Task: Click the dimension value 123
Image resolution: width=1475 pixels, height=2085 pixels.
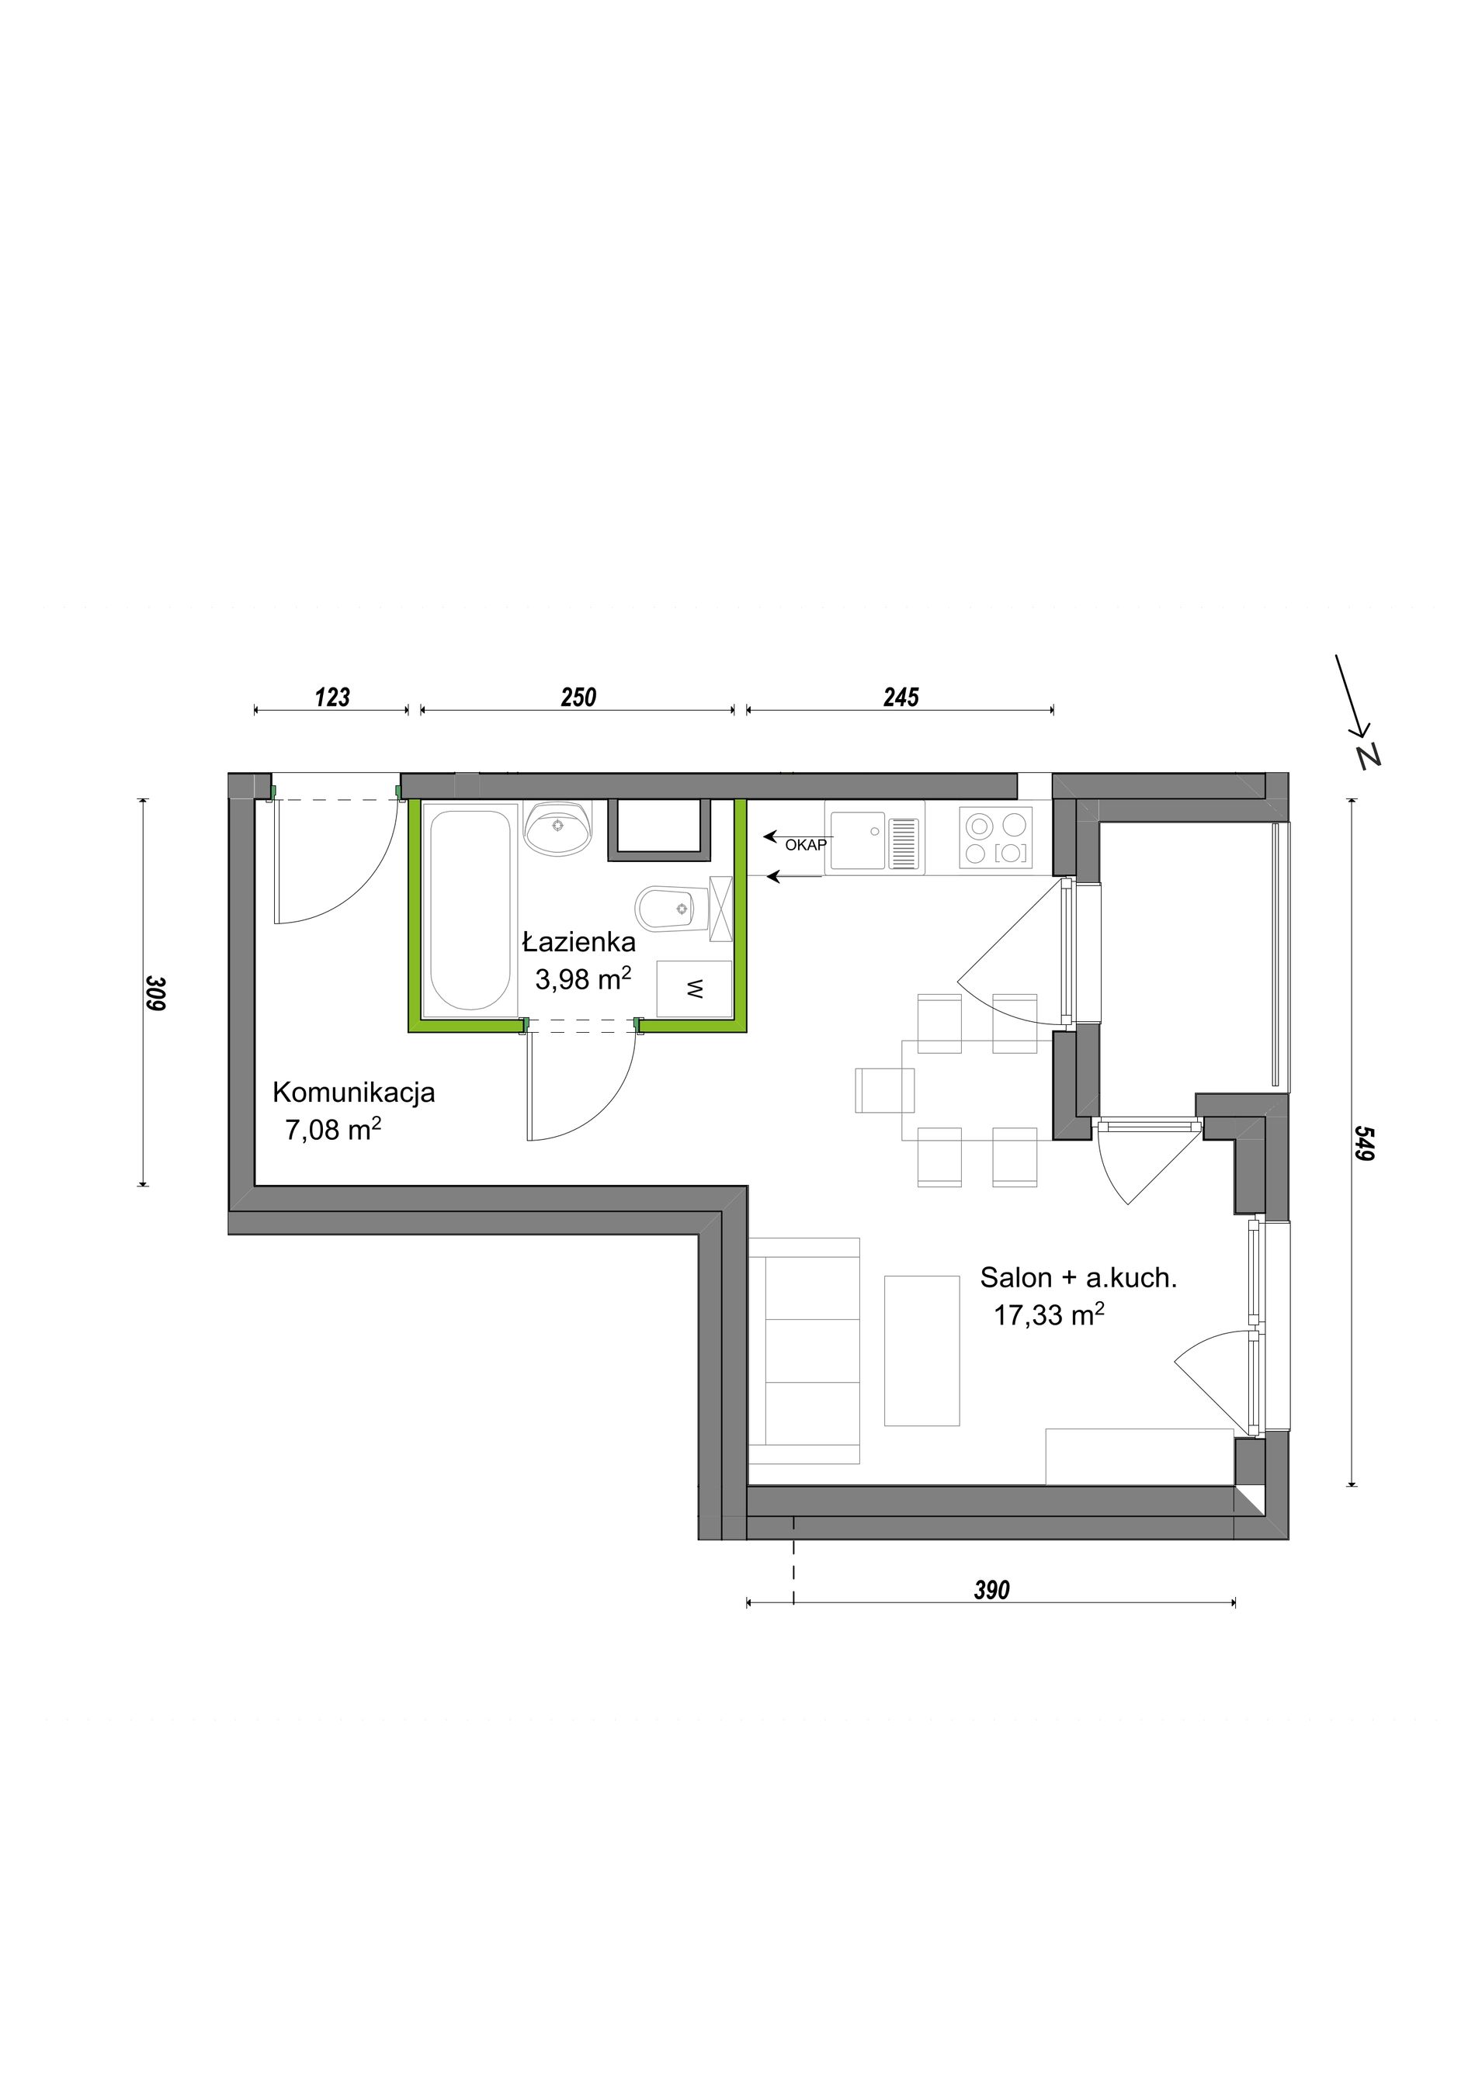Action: click(x=332, y=698)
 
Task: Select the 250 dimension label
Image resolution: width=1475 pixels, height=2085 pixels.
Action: click(x=578, y=698)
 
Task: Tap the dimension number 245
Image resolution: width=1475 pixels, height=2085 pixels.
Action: click(x=901, y=698)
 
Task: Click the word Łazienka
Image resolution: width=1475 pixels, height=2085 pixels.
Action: click(x=578, y=942)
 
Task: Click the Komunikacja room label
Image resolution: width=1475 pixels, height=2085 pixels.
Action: click(x=354, y=1093)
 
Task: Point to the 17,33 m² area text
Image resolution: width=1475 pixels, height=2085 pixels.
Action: click(x=1049, y=1314)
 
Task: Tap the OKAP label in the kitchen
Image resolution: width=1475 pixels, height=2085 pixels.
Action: click(x=806, y=844)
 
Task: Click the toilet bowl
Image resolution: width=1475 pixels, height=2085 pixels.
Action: click(x=672, y=908)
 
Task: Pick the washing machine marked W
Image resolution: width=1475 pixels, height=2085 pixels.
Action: click(x=694, y=989)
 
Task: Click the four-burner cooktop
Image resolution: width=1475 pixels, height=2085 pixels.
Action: click(x=995, y=838)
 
